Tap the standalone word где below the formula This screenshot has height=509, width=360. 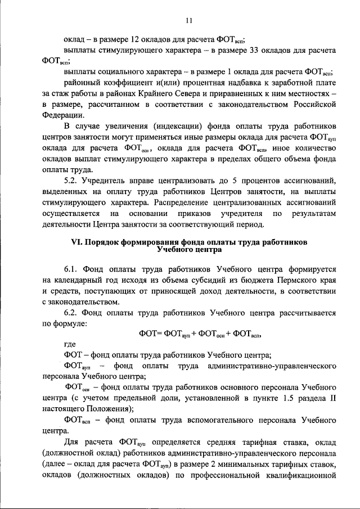click(70, 344)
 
